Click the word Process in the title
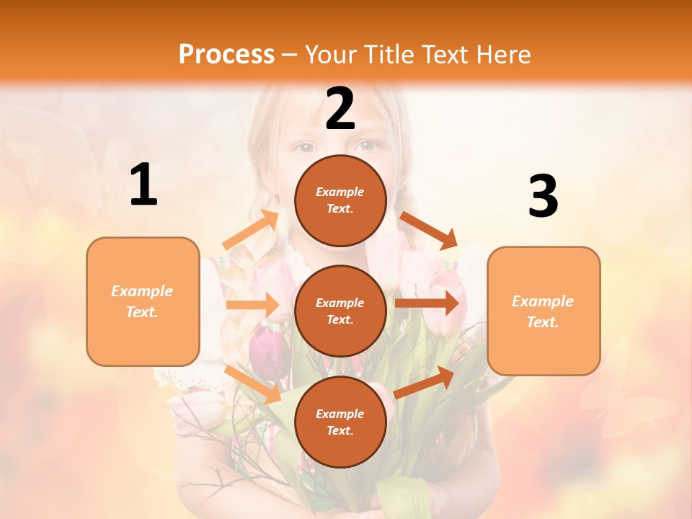226,54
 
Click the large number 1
143,185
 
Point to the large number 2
340,109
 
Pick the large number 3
543,197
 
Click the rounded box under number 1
143,301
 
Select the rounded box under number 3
544,311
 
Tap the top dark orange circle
340,200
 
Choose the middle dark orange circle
340,311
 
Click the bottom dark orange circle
340,422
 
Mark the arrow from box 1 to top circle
251,230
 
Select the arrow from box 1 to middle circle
252,305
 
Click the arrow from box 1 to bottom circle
253,384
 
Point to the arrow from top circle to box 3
429,230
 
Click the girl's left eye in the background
306,147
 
